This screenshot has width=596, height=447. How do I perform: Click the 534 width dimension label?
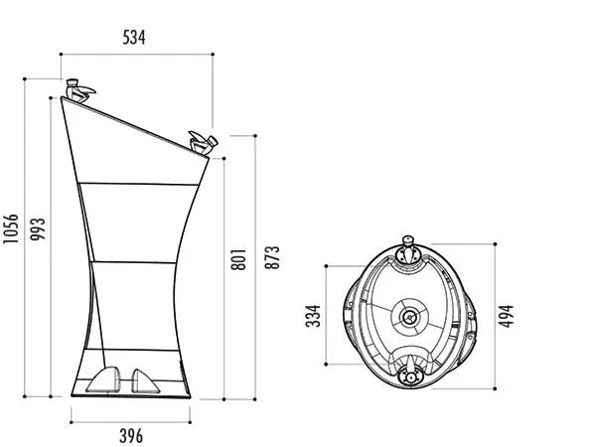pyautogui.click(x=134, y=38)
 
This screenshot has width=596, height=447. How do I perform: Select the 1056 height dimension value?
pyautogui.click(x=11, y=228)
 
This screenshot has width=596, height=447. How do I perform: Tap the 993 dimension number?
pyautogui.click(x=38, y=228)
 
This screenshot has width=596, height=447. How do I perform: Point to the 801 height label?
pyautogui.click(x=238, y=259)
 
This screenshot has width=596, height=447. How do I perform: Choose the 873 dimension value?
pyautogui.click(x=272, y=257)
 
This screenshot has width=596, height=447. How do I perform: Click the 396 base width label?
pyautogui.click(x=131, y=436)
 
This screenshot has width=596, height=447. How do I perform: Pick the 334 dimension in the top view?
pyautogui.click(x=314, y=316)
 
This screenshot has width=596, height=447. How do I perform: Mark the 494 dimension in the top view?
pyautogui.click(x=506, y=316)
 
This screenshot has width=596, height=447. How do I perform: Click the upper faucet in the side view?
pyautogui.click(x=79, y=90)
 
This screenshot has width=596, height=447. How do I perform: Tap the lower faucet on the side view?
pyautogui.click(x=204, y=143)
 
